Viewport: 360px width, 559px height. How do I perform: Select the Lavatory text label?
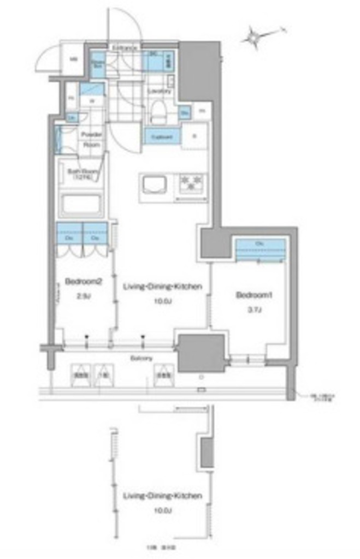point(160,91)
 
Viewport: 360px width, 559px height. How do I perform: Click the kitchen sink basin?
point(156,185)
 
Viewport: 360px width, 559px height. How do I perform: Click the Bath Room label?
point(80,174)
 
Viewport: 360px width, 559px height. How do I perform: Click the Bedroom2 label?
point(83,282)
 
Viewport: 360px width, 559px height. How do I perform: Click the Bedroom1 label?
point(254,295)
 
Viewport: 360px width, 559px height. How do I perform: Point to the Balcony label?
point(141,358)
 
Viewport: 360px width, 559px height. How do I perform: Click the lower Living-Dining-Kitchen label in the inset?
point(162,496)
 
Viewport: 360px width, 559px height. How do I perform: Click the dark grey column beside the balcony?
point(202,353)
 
